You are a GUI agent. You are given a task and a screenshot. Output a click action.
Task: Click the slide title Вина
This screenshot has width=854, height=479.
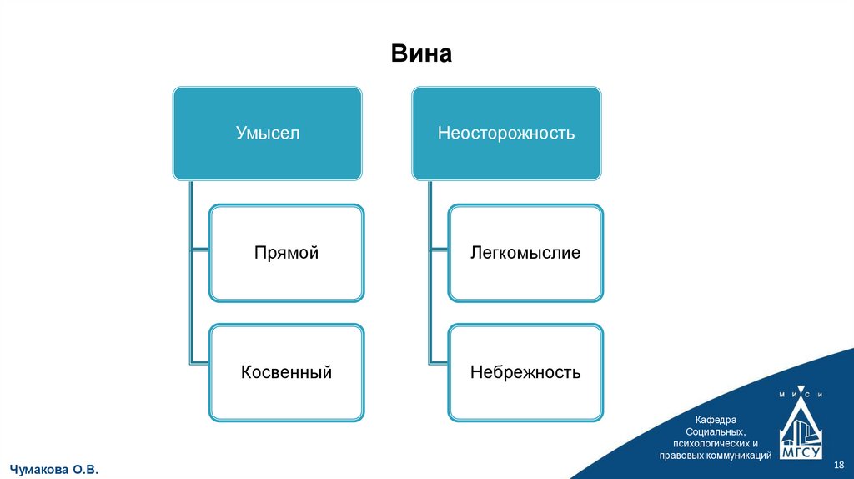421,55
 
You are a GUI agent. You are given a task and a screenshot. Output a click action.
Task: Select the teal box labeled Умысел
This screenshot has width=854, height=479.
267,133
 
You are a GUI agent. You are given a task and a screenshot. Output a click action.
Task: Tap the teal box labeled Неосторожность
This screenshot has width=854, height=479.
506,133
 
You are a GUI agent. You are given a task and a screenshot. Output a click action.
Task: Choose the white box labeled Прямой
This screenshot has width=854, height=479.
286,253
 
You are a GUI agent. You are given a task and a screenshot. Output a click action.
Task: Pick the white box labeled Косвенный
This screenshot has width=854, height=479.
286,372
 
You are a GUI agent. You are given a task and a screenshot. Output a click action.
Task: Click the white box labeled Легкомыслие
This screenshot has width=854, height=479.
525,253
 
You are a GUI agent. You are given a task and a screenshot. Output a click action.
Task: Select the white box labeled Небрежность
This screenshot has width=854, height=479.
525,372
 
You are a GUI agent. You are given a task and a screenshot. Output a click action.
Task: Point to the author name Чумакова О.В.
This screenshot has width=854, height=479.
54,471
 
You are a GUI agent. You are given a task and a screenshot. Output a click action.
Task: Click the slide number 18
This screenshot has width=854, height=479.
840,465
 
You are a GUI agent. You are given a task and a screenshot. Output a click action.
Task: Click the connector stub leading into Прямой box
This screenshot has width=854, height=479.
200,250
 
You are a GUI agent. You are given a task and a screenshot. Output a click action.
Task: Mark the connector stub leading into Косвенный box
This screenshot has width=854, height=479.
200,361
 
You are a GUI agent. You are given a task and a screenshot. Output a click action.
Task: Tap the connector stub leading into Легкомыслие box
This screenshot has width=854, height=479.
439,250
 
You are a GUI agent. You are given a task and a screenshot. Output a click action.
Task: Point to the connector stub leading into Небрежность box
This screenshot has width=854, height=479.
439,361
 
